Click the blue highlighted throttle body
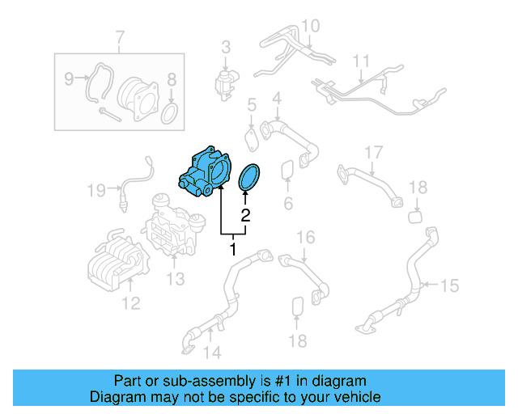point(205,172)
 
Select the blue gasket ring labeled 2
point(252,179)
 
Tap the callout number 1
point(233,249)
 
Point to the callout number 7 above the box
point(120,37)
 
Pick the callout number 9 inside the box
point(69,78)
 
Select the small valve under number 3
point(225,81)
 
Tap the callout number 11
point(360,61)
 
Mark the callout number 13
point(176,279)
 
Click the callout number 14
point(211,352)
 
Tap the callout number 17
point(372,152)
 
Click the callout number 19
point(96,191)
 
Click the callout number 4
point(277,99)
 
